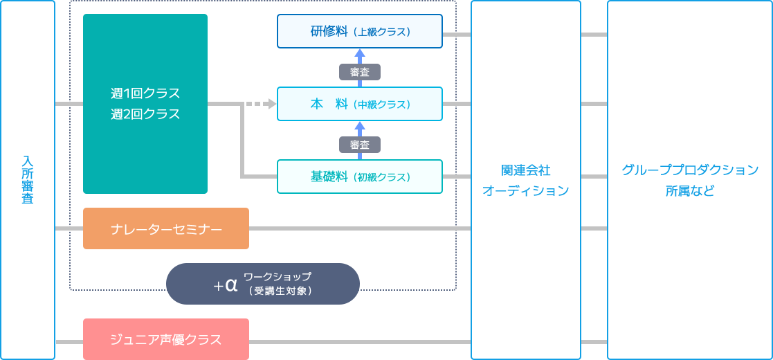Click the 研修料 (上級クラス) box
(x=359, y=31)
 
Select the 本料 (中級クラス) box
(x=359, y=104)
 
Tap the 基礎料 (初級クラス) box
(x=359, y=177)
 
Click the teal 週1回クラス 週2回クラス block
(x=145, y=104)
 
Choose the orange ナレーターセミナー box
(x=166, y=228)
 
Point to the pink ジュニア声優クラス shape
(x=166, y=339)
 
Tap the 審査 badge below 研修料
(x=360, y=72)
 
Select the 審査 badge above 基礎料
(x=360, y=145)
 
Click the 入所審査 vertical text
(x=28, y=179)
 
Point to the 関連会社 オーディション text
(x=525, y=180)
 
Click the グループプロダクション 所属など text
(x=690, y=180)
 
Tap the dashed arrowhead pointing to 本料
(x=271, y=104)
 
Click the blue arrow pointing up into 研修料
(x=359, y=55)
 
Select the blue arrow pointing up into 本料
(x=359, y=127)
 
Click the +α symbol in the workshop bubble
(x=226, y=285)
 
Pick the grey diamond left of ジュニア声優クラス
(x=69, y=339)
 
